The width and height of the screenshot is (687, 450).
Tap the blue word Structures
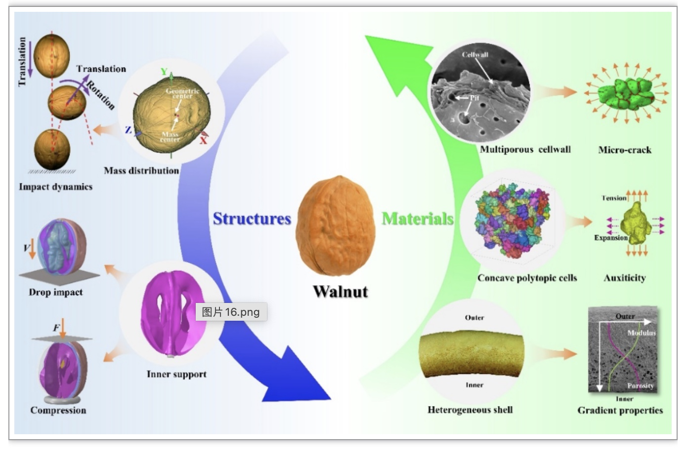(252, 219)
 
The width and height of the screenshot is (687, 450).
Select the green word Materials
(418, 219)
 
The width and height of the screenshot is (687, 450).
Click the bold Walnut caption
(341, 292)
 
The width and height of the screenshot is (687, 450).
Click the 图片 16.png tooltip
(231, 312)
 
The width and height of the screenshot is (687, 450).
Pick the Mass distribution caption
(141, 171)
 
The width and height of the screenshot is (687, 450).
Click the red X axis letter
(203, 141)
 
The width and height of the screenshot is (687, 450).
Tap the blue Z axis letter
(128, 130)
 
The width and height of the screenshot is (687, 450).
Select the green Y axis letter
(164, 72)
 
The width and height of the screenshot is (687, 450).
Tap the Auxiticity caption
(625, 278)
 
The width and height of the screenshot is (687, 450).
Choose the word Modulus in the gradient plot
(642, 333)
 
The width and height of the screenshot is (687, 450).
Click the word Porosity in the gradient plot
(641, 386)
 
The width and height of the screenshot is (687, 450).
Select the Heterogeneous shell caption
(470, 410)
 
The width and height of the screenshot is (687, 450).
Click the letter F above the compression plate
(56, 328)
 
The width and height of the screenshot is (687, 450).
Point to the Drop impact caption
(56, 292)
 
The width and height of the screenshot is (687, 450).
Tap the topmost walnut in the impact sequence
(51, 57)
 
